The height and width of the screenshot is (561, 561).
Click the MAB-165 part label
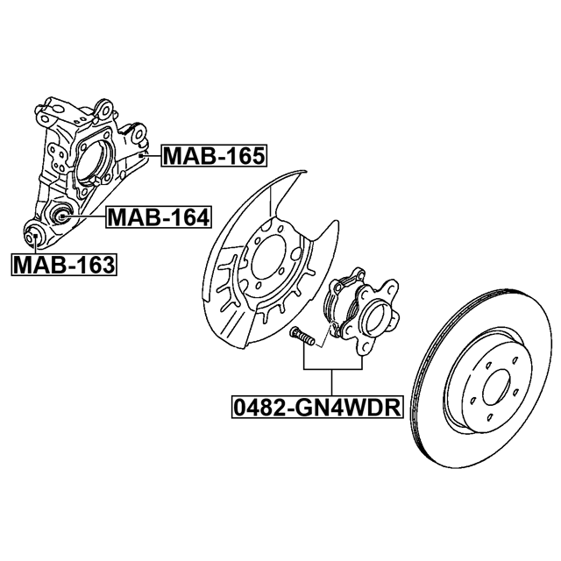click(214, 156)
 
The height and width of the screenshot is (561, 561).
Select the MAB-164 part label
click(159, 217)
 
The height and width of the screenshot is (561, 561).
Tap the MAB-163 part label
click(64, 265)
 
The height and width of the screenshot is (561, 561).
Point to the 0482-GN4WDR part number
click(317, 407)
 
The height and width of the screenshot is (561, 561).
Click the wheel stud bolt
click(302, 336)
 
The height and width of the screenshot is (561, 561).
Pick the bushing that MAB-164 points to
click(60, 215)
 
